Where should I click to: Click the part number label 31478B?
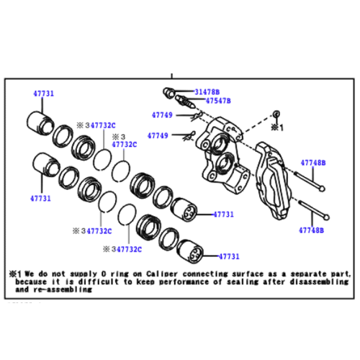(207, 92)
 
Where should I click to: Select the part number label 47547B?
(218, 101)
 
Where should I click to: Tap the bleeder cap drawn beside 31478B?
(169, 92)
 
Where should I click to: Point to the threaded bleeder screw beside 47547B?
(185, 102)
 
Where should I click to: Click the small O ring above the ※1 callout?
(276, 114)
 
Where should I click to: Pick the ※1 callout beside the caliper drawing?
(277, 127)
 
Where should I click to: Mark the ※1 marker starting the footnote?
(15, 274)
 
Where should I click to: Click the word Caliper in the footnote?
(162, 274)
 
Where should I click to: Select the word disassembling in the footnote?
(319, 282)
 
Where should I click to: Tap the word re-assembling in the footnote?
(63, 289)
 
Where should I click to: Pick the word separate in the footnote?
(309, 274)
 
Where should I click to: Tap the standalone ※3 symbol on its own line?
(119, 137)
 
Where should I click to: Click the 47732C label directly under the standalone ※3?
(125, 145)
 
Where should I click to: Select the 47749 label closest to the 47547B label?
(162, 115)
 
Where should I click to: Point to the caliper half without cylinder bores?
(274, 181)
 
